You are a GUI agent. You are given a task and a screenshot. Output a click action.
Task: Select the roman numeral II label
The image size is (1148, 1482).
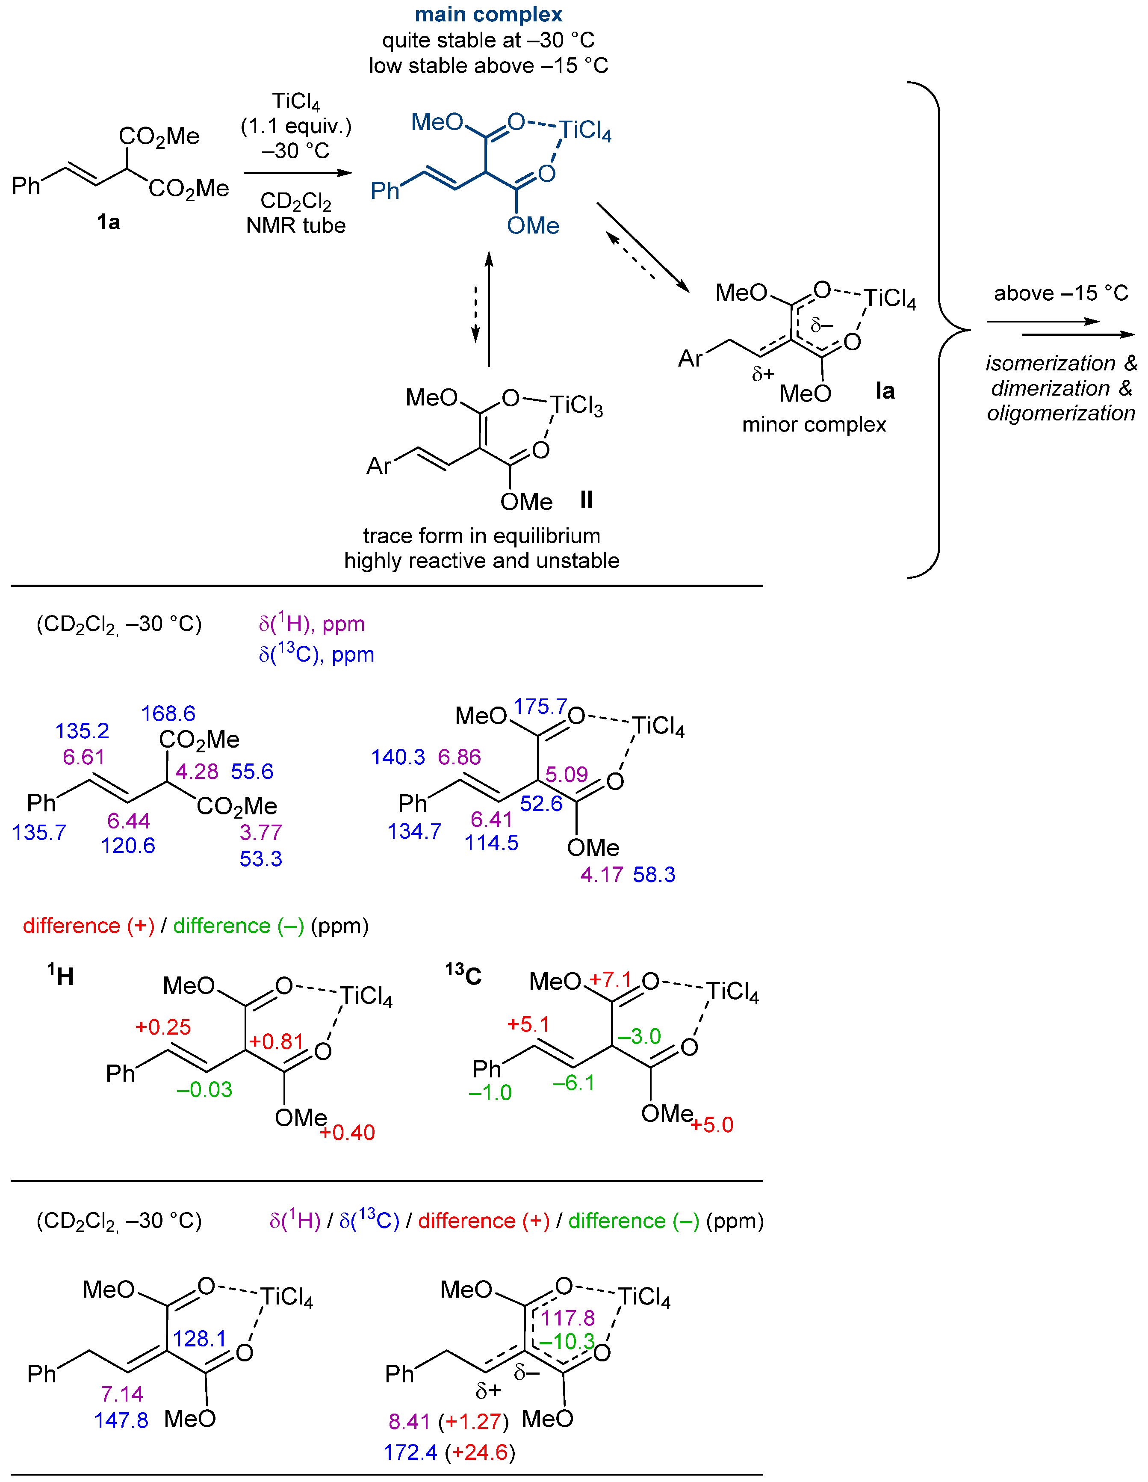[586, 500]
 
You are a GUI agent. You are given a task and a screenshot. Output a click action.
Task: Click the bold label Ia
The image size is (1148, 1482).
[885, 391]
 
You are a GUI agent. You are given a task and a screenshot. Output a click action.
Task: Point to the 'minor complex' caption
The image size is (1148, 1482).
[814, 425]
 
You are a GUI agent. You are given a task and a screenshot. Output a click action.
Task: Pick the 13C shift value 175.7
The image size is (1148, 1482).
[540, 707]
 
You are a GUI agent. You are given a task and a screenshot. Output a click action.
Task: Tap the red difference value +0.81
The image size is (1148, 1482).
[276, 1041]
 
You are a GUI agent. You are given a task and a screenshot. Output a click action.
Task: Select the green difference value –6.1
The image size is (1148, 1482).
[573, 1083]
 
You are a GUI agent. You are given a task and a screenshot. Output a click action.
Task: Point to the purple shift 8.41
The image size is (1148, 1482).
[409, 1421]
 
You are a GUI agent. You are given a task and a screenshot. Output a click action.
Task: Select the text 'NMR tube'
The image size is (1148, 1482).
[296, 225]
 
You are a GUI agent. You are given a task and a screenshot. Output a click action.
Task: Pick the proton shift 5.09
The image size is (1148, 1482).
[567, 774]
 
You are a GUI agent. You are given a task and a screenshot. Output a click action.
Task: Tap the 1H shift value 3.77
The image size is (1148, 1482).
[260, 832]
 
